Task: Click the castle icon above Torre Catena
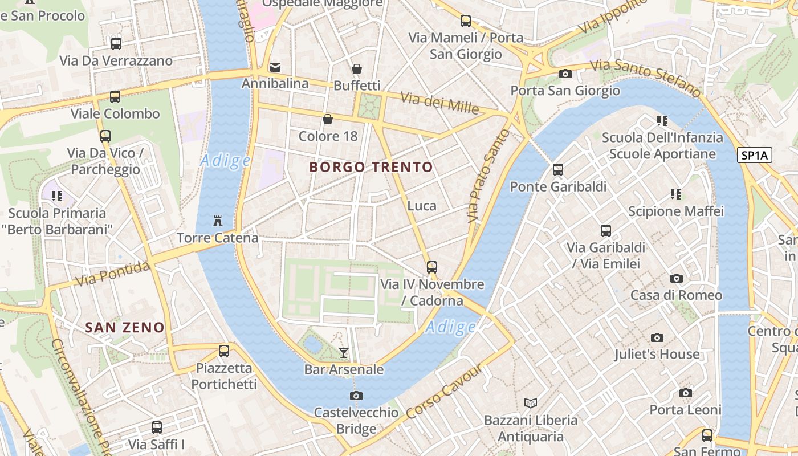[x=217, y=221]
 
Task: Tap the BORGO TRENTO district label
[x=371, y=167]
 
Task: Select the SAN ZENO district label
[x=125, y=328]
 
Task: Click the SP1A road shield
[x=754, y=155]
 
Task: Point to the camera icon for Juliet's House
[x=657, y=337]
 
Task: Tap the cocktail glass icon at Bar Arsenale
[x=343, y=353]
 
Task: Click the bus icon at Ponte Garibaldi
[x=558, y=170]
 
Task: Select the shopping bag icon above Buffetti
[x=357, y=69]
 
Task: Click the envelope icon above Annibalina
[x=275, y=67]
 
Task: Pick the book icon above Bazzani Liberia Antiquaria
[x=531, y=404]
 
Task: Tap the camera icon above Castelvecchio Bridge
[x=356, y=396]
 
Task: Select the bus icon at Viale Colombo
[x=115, y=97]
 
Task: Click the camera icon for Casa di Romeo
[x=677, y=278]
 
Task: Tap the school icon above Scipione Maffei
[x=676, y=194]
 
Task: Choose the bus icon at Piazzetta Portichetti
[x=224, y=351]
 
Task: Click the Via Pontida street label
[x=113, y=273]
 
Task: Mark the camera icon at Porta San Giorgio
[x=565, y=74]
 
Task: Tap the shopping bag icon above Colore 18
[x=328, y=119]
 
